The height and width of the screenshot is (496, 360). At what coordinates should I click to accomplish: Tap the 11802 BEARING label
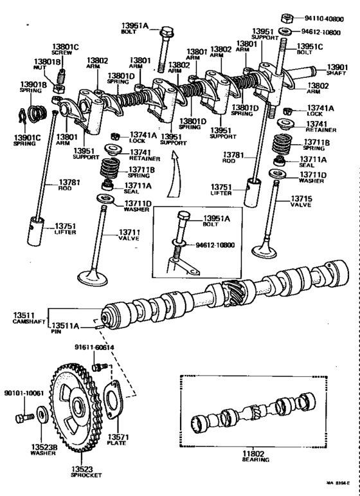tap(256, 456)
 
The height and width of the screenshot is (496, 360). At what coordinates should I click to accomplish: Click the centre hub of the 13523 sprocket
tap(78, 407)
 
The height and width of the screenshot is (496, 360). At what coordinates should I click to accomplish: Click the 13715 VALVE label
tap(301, 203)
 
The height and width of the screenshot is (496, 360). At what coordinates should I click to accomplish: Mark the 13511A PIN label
tap(64, 329)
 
